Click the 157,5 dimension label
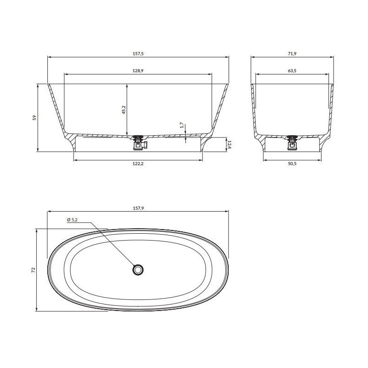(138, 53)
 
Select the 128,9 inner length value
(138, 71)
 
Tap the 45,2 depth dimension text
(124, 109)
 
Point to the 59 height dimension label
(34, 118)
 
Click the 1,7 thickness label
(182, 126)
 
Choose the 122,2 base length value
(138, 164)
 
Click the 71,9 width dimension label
(292, 53)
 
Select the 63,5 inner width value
(292, 71)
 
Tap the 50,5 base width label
(292, 164)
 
